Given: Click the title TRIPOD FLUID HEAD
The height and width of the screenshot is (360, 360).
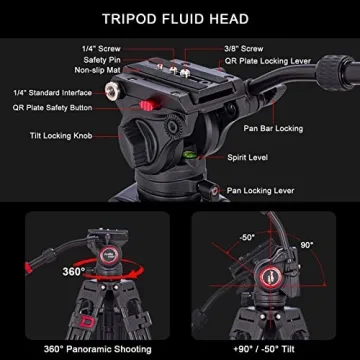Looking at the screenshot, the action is click(180, 18).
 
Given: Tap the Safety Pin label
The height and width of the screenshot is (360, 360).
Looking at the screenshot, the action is click(103, 60).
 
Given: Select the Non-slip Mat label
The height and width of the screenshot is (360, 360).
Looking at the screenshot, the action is click(100, 72).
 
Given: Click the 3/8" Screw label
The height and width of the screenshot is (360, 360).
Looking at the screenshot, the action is click(246, 48).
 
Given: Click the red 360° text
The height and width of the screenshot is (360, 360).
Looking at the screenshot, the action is click(72, 272).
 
